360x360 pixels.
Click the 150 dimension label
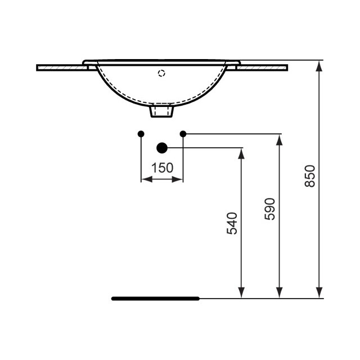click(162, 168)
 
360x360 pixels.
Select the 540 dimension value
click(234, 223)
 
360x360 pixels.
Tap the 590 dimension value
click(271, 209)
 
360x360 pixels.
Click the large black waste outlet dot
click(162, 148)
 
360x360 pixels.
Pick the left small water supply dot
click(141, 134)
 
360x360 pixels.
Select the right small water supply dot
click(183, 134)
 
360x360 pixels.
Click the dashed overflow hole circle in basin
click(162, 73)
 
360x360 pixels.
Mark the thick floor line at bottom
click(155, 298)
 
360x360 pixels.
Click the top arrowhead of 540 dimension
click(241, 154)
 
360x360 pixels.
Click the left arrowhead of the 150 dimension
click(145, 179)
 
